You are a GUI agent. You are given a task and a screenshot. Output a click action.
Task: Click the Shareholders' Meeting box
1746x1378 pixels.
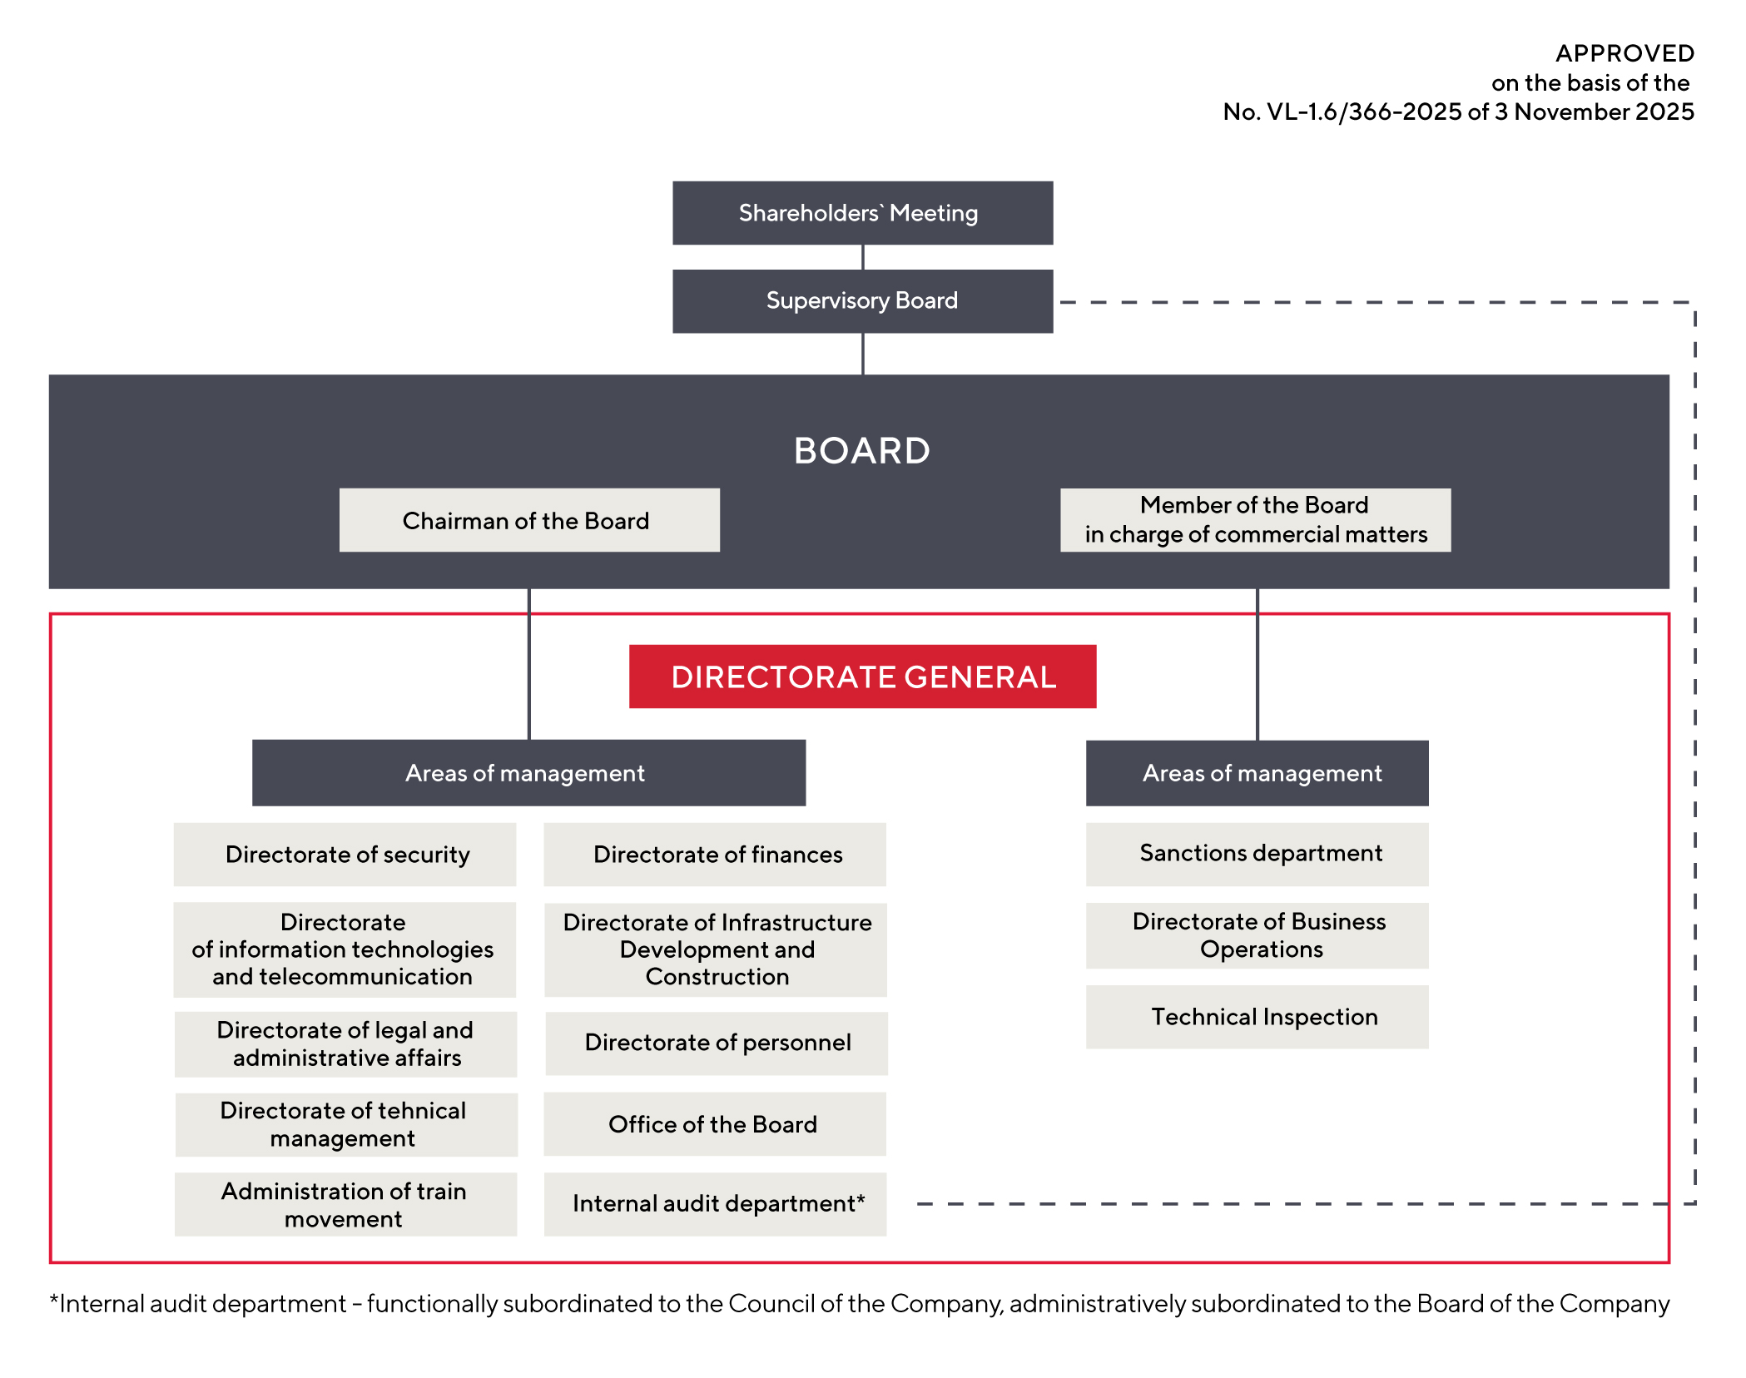[x=862, y=213]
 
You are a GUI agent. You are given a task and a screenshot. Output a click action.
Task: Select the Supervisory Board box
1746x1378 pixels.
[x=862, y=300]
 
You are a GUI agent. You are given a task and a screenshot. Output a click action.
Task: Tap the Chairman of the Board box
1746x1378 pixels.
[x=528, y=520]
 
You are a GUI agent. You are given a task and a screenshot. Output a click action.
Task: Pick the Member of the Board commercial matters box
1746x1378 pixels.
[x=1255, y=520]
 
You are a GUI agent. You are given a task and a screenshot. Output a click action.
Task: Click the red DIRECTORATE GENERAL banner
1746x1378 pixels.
[x=862, y=677]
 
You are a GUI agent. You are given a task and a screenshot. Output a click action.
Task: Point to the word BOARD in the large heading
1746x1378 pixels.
[x=861, y=451]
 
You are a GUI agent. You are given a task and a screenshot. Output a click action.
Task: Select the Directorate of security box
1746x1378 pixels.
[x=345, y=855]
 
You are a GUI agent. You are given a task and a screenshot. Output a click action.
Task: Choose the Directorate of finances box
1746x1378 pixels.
[x=715, y=855]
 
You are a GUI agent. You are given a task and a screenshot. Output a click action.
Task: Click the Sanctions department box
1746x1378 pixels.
[x=1257, y=854]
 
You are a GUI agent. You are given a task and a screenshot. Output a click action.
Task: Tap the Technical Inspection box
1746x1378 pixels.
[x=1257, y=1017]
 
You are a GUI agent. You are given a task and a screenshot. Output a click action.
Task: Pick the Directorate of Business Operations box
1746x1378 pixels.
[x=1257, y=935]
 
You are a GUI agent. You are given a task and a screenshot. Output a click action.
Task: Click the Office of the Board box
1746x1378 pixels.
[x=715, y=1124]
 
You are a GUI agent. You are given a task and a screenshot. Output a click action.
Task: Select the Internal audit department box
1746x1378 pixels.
[x=715, y=1204]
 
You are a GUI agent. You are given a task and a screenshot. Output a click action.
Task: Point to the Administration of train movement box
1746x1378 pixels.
[x=345, y=1204]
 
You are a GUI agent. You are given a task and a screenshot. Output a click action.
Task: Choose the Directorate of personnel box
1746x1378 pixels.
[x=716, y=1043]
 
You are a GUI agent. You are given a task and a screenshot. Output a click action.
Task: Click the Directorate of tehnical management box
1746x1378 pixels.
[x=345, y=1124]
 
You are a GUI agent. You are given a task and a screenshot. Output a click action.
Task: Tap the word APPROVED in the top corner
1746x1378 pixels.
[x=1624, y=53]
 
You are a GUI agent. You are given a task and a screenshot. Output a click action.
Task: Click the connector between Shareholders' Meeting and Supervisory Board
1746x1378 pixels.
[x=863, y=257]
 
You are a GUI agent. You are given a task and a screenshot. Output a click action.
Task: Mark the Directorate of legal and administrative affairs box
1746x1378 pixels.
[x=345, y=1043]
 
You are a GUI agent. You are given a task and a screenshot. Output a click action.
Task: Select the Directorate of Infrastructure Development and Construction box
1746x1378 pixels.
[x=716, y=949]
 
